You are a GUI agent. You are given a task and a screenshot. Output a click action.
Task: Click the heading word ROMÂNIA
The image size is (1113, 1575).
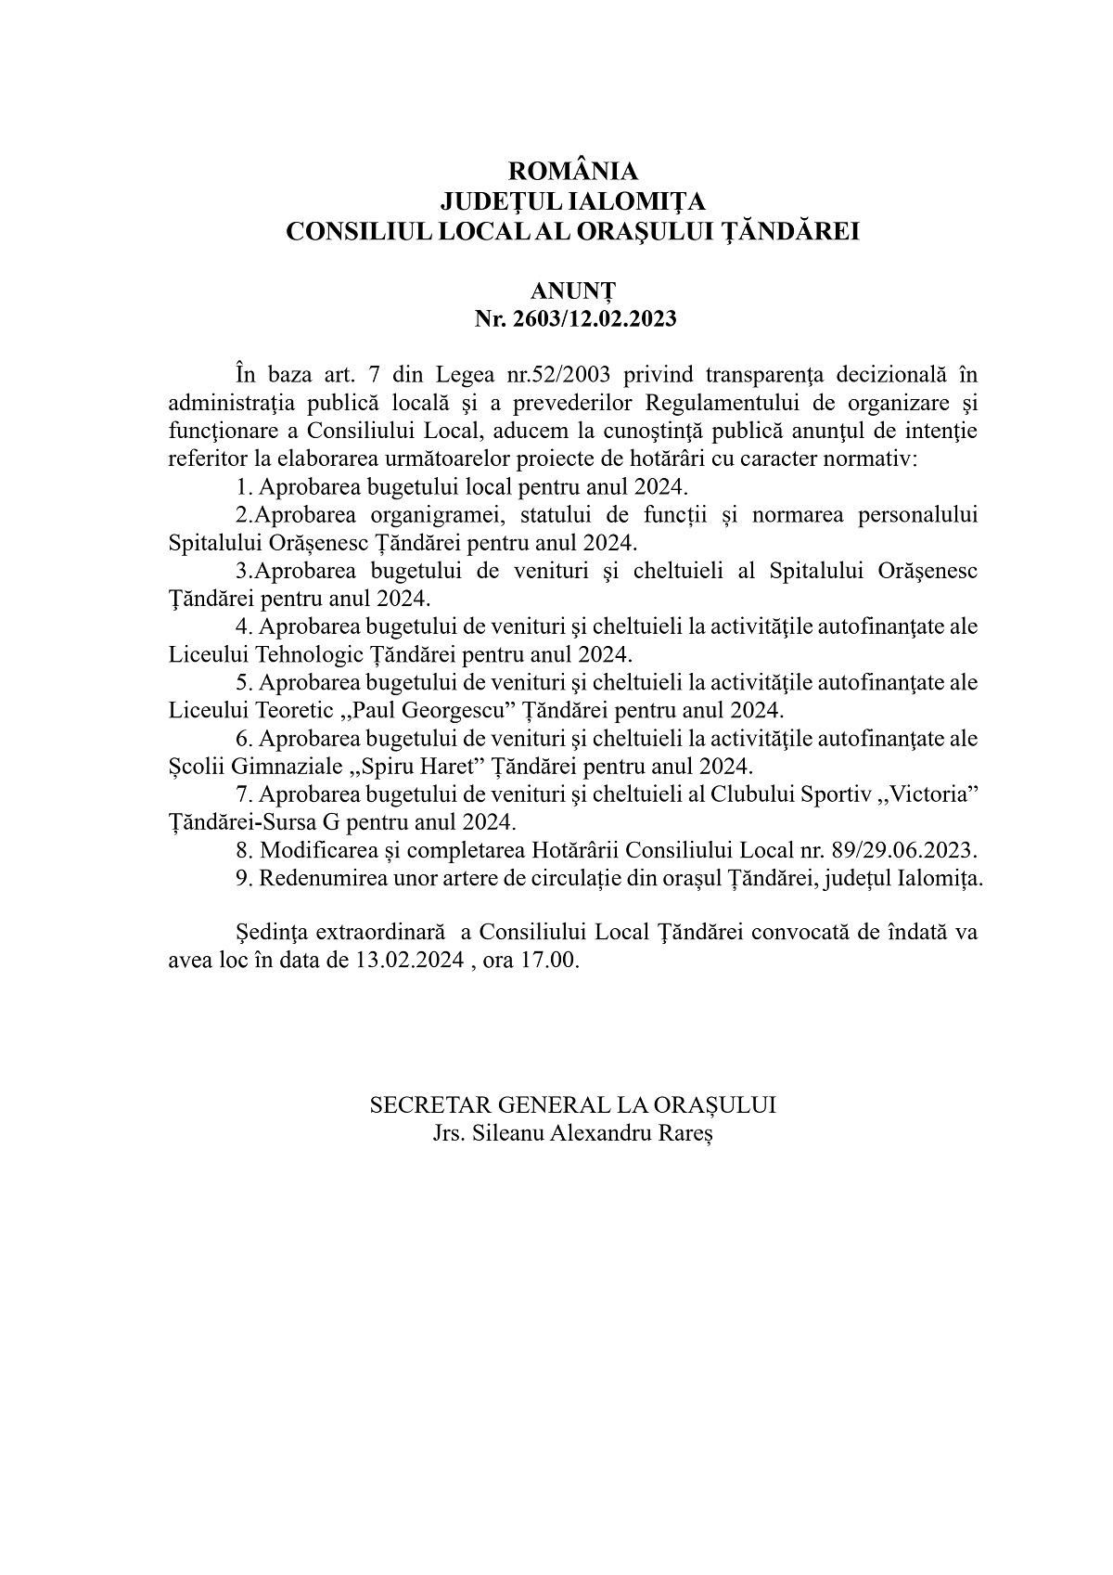(x=573, y=172)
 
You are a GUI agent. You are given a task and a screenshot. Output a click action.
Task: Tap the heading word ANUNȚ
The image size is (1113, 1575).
(x=574, y=292)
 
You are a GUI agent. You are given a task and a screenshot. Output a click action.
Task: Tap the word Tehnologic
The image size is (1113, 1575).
(x=310, y=654)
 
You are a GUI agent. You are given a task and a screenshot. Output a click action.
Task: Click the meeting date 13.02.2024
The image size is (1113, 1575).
(x=409, y=960)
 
